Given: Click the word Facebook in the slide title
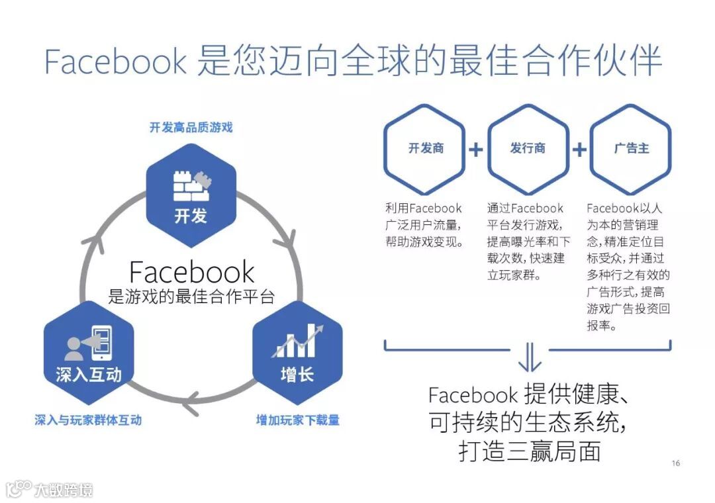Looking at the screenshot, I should tap(116, 62).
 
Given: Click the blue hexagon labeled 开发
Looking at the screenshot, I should tap(191, 196).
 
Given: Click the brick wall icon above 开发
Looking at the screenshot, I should tap(191, 186).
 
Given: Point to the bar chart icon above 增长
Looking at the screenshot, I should tap(297, 341).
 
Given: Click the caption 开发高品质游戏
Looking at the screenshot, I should tap(191, 128).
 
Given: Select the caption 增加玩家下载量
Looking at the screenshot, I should tap(297, 420).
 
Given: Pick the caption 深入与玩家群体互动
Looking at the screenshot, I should tap(88, 420).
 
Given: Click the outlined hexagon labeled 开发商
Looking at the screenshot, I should tap(426, 149).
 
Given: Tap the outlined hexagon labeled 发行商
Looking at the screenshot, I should tap(528, 149).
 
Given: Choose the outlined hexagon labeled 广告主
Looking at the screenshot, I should tap(630, 149).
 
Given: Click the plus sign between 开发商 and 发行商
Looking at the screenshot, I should tap(476, 150).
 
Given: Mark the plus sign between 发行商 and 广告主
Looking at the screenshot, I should tap(579, 150).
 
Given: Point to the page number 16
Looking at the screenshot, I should tap(675, 463).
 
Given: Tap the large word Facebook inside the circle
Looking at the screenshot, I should tap(191, 272).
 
